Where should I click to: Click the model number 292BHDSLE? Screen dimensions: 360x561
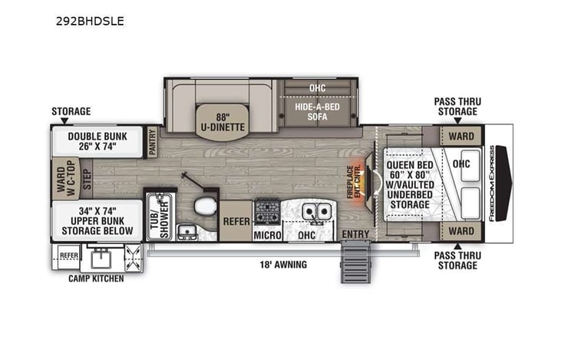pos(90,21)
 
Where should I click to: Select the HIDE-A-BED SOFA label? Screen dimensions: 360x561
pos(317,112)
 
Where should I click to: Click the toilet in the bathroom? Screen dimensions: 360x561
pos(206,206)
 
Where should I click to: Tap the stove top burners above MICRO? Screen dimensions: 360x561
pos(266,210)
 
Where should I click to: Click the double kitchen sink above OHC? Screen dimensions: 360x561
pos(315,210)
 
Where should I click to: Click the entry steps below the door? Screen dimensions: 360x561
pos(356,261)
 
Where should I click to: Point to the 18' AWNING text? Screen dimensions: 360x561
pos(282,265)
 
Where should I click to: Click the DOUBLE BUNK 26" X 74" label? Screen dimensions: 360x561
pos(97,141)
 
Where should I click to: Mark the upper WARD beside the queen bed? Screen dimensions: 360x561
pos(461,137)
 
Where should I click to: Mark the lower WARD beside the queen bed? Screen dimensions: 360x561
pos(461,231)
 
